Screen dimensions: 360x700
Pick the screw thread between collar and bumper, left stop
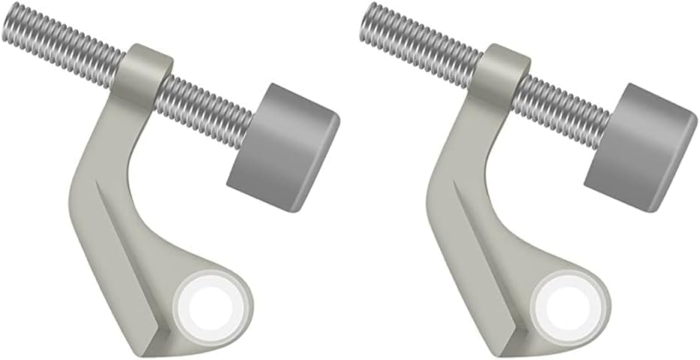pos(207,102)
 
